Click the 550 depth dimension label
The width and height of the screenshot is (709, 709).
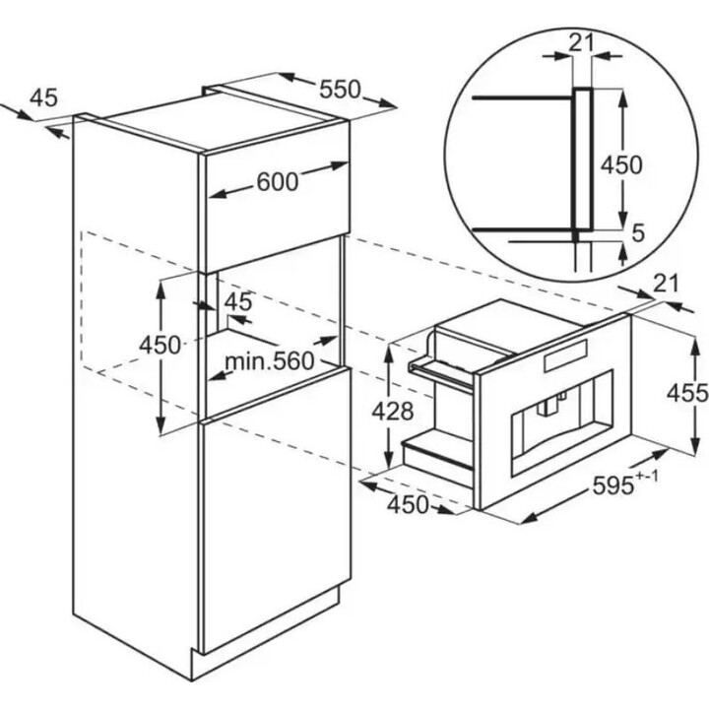(340, 89)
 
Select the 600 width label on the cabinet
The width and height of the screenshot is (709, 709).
(278, 182)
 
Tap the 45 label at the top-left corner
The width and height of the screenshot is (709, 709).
(44, 97)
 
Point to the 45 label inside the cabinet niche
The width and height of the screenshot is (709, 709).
(238, 301)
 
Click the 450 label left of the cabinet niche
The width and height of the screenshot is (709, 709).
(160, 346)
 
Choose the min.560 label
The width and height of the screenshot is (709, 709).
(270, 360)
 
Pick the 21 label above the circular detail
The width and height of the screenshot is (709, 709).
(581, 43)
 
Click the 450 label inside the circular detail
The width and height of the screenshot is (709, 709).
(621, 165)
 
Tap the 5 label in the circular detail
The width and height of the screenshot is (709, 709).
(637, 233)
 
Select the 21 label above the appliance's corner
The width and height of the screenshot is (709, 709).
(666, 284)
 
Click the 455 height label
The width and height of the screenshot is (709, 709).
(687, 393)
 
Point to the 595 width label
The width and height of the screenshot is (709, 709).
(613, 486)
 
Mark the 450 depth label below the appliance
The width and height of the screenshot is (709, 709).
(408, 504)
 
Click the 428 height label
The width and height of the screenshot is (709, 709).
(393, 412)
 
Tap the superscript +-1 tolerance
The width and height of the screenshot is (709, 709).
(647, 477)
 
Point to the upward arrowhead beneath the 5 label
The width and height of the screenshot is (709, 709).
(623, 257)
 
